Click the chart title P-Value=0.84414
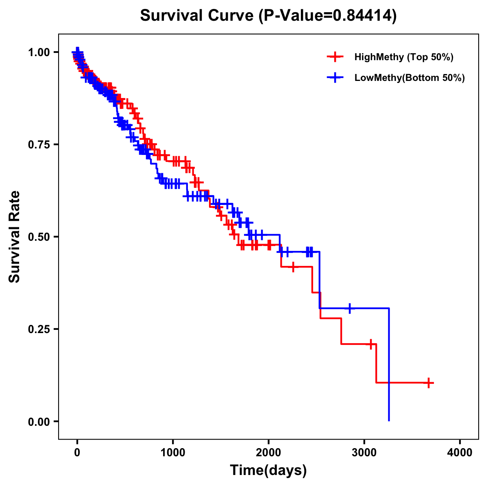point(268,16)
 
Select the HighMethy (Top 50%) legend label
point(403,57)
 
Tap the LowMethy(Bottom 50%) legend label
point(410,78)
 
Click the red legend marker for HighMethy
point(335,57)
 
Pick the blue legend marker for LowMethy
point(335,78)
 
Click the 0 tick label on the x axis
point(77,453)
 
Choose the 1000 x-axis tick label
point(173,453)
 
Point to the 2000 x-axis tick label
point(268,453)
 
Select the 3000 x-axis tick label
point(364,453)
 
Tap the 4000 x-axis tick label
point(460,453)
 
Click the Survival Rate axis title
point(15,237)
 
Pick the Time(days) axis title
point(268,471)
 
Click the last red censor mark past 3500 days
point(429,383)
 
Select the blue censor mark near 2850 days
point(349,308)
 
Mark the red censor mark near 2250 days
point(293,267)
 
